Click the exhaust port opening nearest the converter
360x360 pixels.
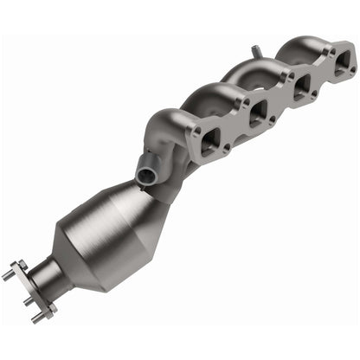coord(210,145)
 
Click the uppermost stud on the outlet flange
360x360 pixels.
coord(8,275)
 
